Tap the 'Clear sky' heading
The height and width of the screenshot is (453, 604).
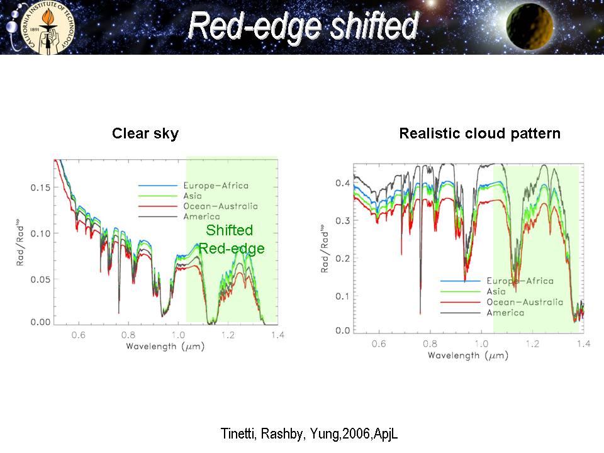145,133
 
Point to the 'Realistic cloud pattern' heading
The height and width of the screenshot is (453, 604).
479,133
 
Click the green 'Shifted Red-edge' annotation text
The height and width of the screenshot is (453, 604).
232,240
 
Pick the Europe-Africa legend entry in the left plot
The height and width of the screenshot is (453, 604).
215,186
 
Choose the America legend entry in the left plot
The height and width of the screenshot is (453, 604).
201,216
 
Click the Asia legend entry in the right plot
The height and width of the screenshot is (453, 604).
496,291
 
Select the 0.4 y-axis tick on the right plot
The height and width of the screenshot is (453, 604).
342,183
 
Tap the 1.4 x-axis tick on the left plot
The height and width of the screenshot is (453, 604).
277,335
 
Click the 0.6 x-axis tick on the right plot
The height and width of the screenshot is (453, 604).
379,344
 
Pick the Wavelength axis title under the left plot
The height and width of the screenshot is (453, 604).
165,346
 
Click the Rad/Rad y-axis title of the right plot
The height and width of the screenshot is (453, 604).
325,249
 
